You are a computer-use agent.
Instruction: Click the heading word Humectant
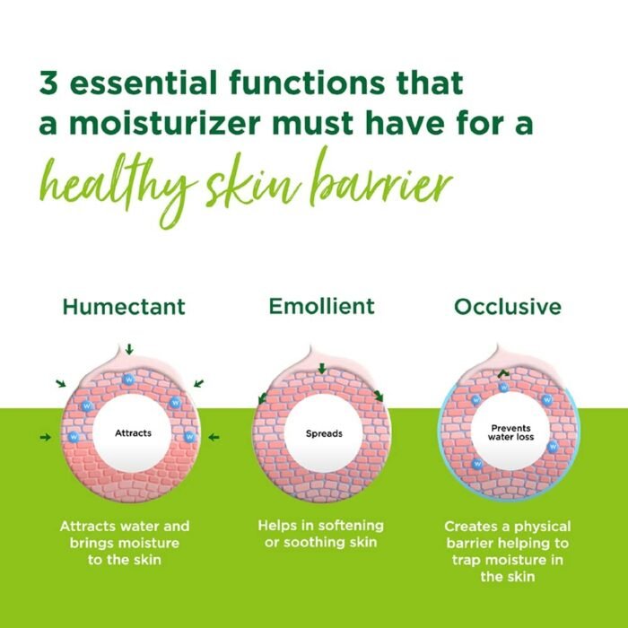point(124,307)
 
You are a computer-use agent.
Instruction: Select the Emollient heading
point(321,306)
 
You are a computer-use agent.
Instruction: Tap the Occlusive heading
point(508,307)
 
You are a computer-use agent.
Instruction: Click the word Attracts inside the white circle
point(133,433)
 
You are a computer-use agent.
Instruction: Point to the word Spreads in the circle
point(323,434)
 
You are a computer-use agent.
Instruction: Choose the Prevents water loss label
point(505,433)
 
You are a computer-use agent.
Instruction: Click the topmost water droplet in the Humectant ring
point(128,378)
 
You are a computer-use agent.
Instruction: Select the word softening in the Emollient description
point(344,526)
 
